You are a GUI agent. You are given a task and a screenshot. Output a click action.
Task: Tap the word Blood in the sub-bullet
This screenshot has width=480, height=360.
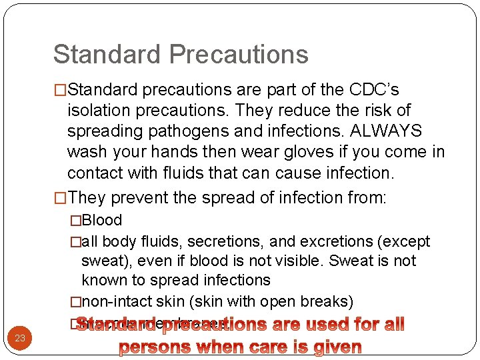point(102,221)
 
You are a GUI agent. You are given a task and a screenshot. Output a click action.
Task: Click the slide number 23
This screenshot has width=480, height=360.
point(20,339)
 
